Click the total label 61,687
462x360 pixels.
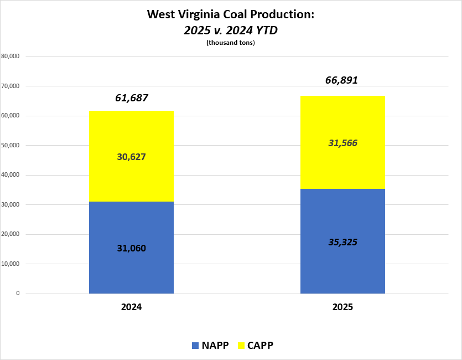pos(132,99)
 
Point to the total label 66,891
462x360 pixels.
pos(341,80)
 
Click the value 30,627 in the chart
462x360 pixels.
pos(131,157)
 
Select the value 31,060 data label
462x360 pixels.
pos(131,248)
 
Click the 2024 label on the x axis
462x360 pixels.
pos(132,307)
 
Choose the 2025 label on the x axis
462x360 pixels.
pos(342,307)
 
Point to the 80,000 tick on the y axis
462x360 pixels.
pos(11,56)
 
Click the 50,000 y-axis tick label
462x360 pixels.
pos(11,145)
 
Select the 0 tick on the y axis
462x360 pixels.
pos(18,294)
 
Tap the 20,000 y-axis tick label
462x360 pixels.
pos(11,234)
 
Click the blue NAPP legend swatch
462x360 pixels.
pos(195,346)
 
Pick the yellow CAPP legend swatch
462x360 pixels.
pos(241,346)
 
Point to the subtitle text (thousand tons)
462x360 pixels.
pos(231,43)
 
